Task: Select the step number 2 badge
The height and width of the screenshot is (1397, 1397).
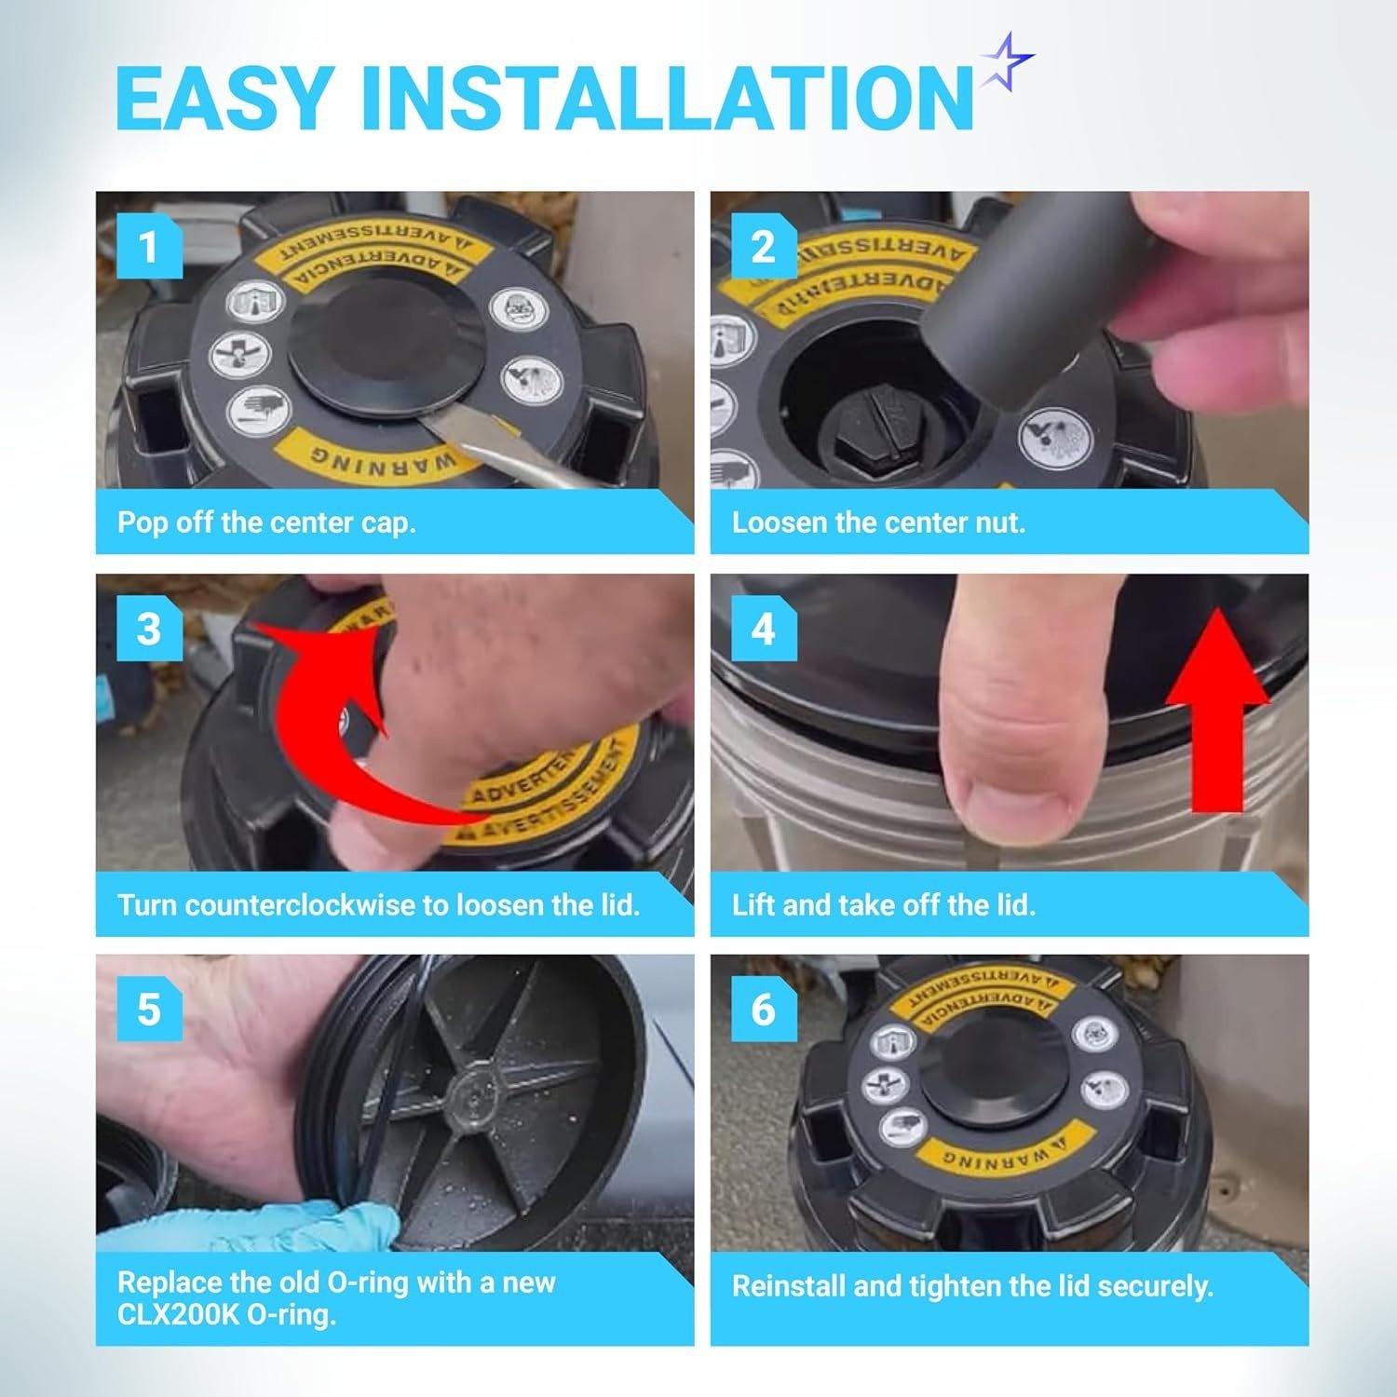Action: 763,248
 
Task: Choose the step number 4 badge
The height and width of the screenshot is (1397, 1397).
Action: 763,629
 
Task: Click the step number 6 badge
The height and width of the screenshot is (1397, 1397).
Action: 763,1010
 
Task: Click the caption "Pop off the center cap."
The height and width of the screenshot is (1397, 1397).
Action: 266,522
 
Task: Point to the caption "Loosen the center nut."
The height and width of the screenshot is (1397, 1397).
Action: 878,522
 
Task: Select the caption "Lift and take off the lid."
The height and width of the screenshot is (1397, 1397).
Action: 883,904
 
